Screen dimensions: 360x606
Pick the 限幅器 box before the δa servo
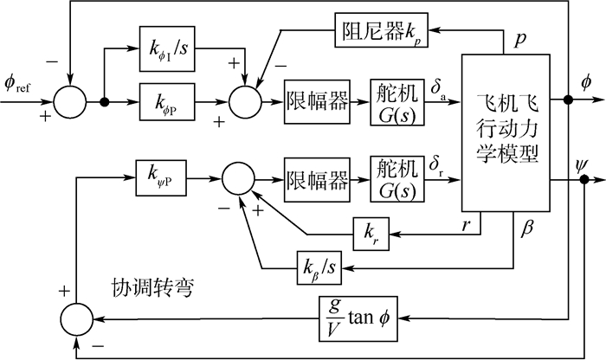tap(317, 100)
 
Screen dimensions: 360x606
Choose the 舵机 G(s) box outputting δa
tap(398, 100)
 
